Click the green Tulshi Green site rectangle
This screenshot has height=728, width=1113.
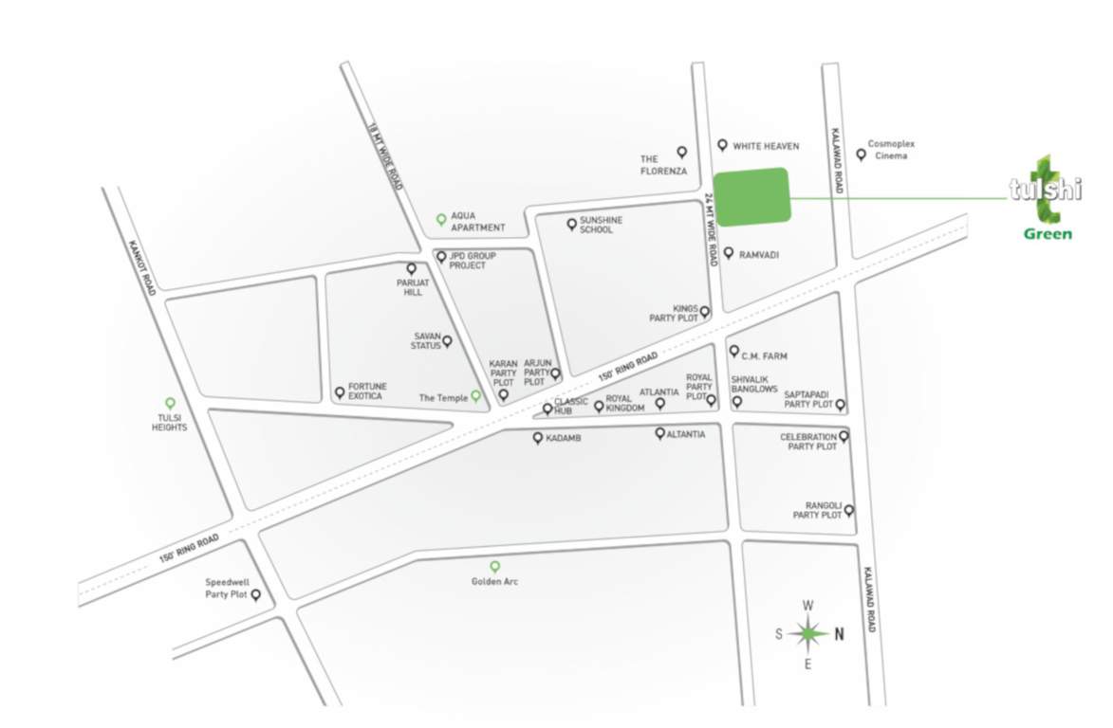(x=751, y=196)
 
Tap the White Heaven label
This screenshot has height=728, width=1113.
(x=766, y=146)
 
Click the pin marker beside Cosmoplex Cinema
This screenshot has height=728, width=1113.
(x=862, y=155)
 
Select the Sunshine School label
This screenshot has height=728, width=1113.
(x=602, y=225)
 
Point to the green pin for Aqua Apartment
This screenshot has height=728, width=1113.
(x=441, y=219)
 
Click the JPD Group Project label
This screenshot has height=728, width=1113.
(x=467, y=261)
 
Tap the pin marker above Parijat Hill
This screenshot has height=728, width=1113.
(x=411, y=269)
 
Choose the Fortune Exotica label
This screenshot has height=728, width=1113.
(x=365, y=391)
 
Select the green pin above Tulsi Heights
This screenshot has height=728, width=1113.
(x=171, y=403)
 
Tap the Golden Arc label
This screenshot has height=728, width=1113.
(x=494, y=581)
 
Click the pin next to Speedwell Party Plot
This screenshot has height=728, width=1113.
(x=255, y=595)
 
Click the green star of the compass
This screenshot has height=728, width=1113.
(x=807, y=634)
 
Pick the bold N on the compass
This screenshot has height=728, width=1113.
(x=839, y=635)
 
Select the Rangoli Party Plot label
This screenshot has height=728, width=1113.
(x=818, y=510)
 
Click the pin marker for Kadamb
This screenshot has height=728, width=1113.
(x=538, y=438)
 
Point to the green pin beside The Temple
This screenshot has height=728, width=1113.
(x=476, y=396)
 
